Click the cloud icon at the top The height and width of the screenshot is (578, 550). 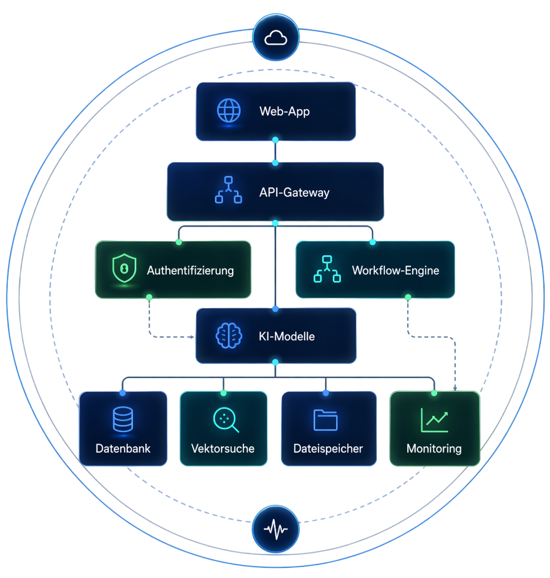pos(276,38)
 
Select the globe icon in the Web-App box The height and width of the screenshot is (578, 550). pos(228,111)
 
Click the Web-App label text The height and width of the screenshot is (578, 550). pos(284,112)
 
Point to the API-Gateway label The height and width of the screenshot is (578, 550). pos(294,192)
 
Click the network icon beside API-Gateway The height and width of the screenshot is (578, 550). pos(228,191)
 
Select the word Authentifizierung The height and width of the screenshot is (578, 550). pos(190,270)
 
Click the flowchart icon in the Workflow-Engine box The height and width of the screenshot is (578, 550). pos(327,269)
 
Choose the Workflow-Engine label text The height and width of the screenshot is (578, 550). pos(396,270)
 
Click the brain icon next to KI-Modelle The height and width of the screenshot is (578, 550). pos(228,336)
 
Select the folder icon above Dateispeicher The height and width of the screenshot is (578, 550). pos(325,419)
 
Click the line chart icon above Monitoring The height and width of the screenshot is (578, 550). pos(434,420)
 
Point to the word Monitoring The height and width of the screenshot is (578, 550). pos(434,449)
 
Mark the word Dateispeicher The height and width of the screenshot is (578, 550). pos(328,449)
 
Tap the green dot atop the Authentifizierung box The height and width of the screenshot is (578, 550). pos(178,242)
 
